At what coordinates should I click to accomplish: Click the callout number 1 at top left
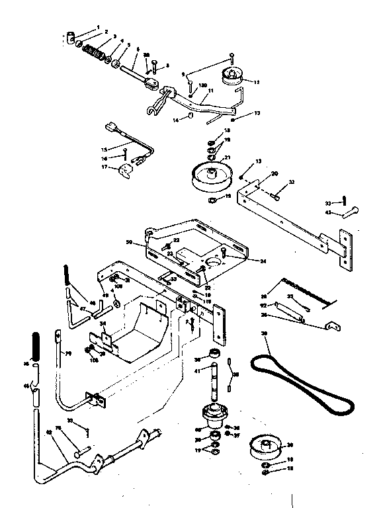pos(98,27)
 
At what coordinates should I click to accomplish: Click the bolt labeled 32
pos(276,194)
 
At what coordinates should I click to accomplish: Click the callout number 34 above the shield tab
pos(103,324)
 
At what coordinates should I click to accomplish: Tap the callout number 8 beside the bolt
pos(167,65)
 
